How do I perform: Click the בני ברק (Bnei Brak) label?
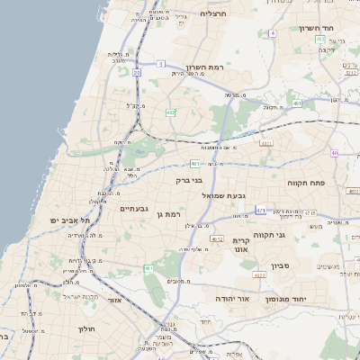tap(190, 180)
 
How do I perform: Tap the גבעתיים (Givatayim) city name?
tap(134, 209)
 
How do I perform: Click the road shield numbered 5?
tap(160, 64)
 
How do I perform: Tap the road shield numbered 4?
tap(272, 33)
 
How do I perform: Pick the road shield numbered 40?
tap(334, 153)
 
